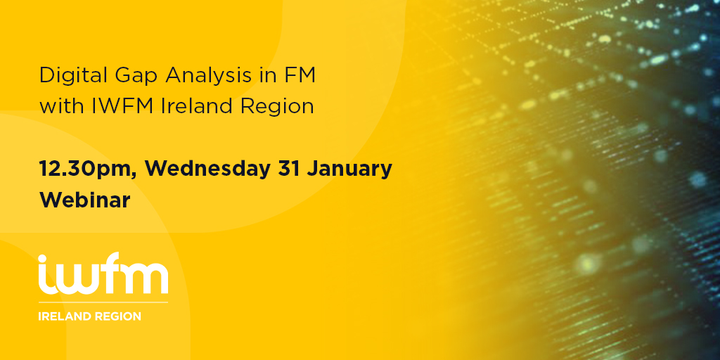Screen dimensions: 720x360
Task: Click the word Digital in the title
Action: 67,76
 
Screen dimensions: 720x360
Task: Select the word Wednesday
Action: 207,169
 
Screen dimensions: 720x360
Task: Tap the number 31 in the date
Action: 288,169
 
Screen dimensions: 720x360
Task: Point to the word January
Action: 349,170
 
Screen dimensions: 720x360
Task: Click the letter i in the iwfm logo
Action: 44,275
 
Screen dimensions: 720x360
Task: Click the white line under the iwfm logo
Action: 103,302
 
